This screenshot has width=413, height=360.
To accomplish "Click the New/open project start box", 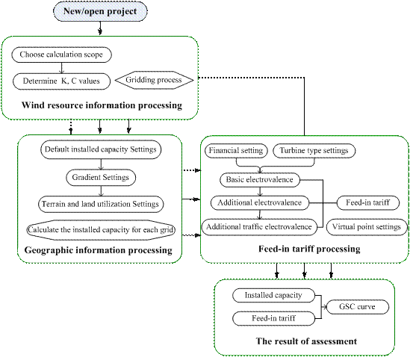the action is pyautogui.click(x=100, y=11).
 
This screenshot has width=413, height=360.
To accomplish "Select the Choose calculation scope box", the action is pyautogui.click(x=61, y=55).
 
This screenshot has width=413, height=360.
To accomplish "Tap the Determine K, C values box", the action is pyautogui.click(x=61, y=81).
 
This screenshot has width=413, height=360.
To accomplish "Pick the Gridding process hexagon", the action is pyautogui.click(x=154, y=80).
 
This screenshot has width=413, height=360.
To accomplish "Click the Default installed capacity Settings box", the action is pyautogui.click(x=101, y=149).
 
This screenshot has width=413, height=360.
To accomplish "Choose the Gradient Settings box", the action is pyautogui.click(x=101, y=178).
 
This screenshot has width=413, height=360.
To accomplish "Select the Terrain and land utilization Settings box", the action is pyautogui.click(x=101, y=204).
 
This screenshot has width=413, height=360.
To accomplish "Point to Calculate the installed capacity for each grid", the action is pyautogui.click(x=101, y=230).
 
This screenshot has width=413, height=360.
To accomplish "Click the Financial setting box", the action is pyautogui.click(x=236, y=151).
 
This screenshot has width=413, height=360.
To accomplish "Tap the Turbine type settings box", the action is pyautogui.click(x=314, y=151).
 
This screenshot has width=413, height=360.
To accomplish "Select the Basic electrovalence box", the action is pyautogui.click(x=260, y=180).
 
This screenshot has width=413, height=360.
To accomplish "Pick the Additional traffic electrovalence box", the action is pyautogui.click(x=259, y=227).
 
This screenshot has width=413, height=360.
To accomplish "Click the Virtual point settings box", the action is pyautogui.click(x=367, y=227).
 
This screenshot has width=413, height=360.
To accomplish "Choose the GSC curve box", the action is pyautogui.click(x=358, y=307).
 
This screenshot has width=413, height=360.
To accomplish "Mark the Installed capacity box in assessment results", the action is pyautogui.click(x=273, y=296).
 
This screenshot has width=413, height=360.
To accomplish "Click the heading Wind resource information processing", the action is pyautogui.click(x=102, y=105).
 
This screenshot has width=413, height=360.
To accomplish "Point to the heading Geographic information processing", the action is pyautogui.click(x=99, y=250).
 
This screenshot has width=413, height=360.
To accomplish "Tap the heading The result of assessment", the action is pyautogui.click(x=306, y=341).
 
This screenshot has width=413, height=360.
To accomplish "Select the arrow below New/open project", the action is pyautogui.click(x=100, y=28).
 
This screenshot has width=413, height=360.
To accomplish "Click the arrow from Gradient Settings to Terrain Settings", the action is pyautogui.click(x=101, y=191).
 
